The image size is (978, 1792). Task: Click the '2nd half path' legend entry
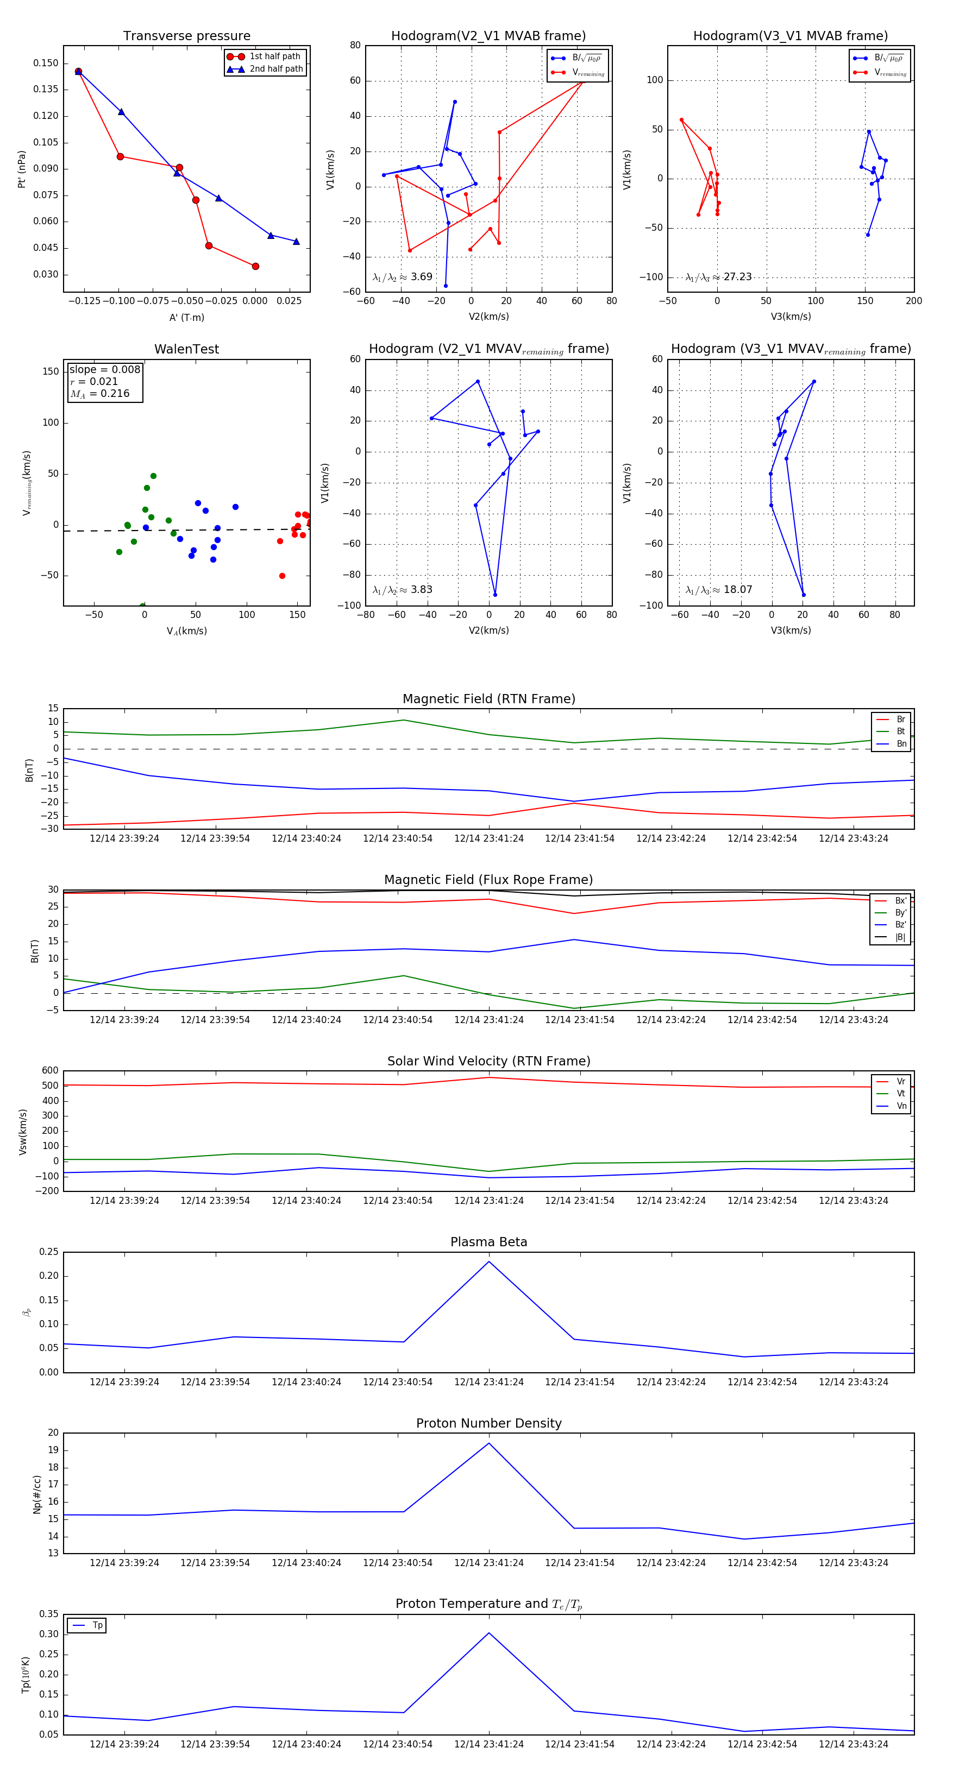[275, 69]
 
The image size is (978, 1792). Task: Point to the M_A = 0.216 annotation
[99, 394]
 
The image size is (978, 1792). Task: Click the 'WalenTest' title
[186, 349]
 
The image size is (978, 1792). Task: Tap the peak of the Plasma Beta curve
[488, 1261]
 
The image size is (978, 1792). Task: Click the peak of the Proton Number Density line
[488, 1443]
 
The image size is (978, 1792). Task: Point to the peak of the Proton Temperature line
[488, 1633]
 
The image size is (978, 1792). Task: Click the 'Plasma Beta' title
[488, 1242]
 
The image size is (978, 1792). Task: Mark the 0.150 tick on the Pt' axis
[46, 64]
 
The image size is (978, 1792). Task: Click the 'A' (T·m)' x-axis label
[186, 318]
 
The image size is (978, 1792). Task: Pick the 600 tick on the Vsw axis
[50, 1071]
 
